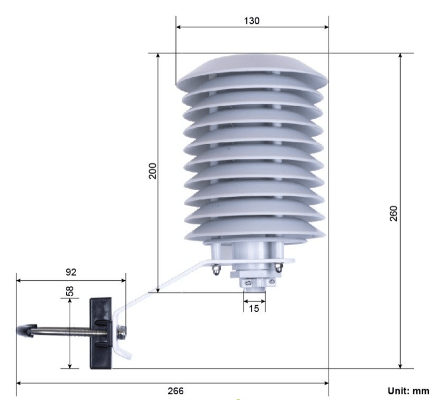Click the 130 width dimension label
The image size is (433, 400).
[x=252, y=20]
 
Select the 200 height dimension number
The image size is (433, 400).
[x=153, y=171]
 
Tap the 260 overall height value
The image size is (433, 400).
[x=393, y=213]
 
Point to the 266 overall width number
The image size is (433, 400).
[x=175, y=391]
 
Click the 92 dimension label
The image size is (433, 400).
[x=71, y=272]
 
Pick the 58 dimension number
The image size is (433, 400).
[x=70, y=291]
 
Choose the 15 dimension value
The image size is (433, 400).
[x=254, y=309]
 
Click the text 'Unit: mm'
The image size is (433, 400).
[x=409, y=391]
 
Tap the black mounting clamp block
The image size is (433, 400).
[x=101, y=333]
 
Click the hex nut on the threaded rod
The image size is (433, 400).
[x=121, y=332]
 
